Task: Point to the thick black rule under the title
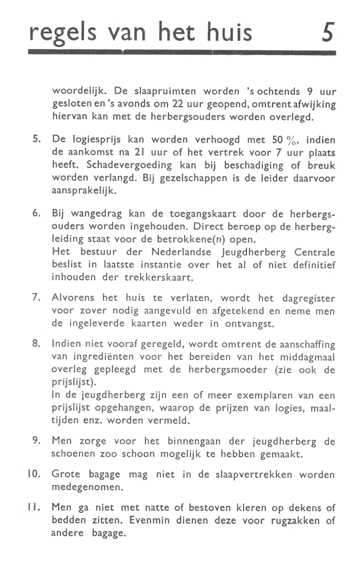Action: pyautogui.click(x=183, y=52)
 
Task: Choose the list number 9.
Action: pyautogui.click(x=36, y=442)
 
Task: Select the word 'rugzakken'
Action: pyautogui.click(x=292, y=521)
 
